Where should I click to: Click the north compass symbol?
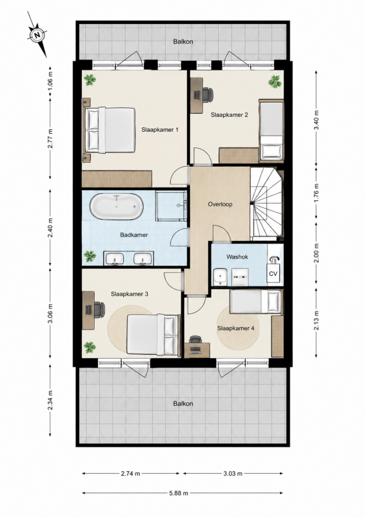(x=37, y=34)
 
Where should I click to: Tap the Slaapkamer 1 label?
(x=160, y=130)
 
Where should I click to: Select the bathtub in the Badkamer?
(x=117, y=207)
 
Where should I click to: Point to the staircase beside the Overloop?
(x=266, y=203)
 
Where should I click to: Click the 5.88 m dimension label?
(x=179, y=493)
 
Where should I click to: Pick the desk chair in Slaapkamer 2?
(x=208, y=94)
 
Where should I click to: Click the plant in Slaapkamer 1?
(x=89, y=79)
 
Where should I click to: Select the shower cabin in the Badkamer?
(x=172, y=205)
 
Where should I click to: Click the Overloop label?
(x=220, y=204)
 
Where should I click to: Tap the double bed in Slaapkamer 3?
(x=153, y=335)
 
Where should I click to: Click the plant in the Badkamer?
(x=89, y=257)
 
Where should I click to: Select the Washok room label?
(x=237, y=257)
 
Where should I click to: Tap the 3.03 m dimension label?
(x=233, y=474)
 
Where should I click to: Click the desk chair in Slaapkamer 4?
(x=195, y=339)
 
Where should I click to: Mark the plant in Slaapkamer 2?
(x=275, y=81)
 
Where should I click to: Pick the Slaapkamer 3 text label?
(x=130, y=294)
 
